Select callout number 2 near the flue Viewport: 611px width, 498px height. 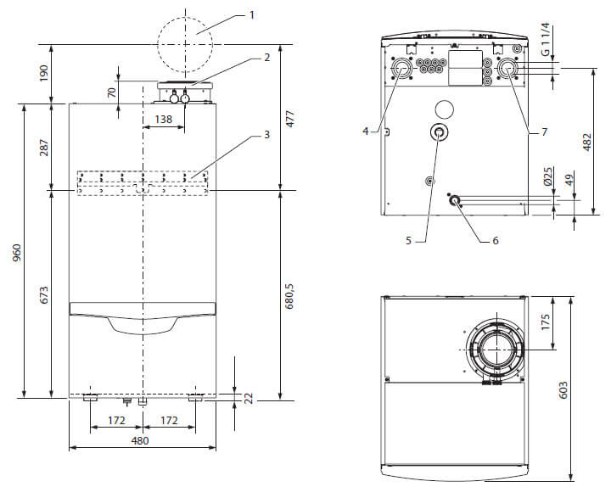pos(266,58)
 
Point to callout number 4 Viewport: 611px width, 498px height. pos(366,131)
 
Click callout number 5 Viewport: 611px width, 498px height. pos(408,241)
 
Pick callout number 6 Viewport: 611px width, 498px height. pos(496,240)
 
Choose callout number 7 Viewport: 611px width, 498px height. pos(544,131)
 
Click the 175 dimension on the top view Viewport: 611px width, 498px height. pos(547,323)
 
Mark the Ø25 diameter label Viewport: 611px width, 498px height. pos(548,176)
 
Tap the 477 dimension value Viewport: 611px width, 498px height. pos(290,118)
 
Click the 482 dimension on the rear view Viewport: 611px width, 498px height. pos(588,142)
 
